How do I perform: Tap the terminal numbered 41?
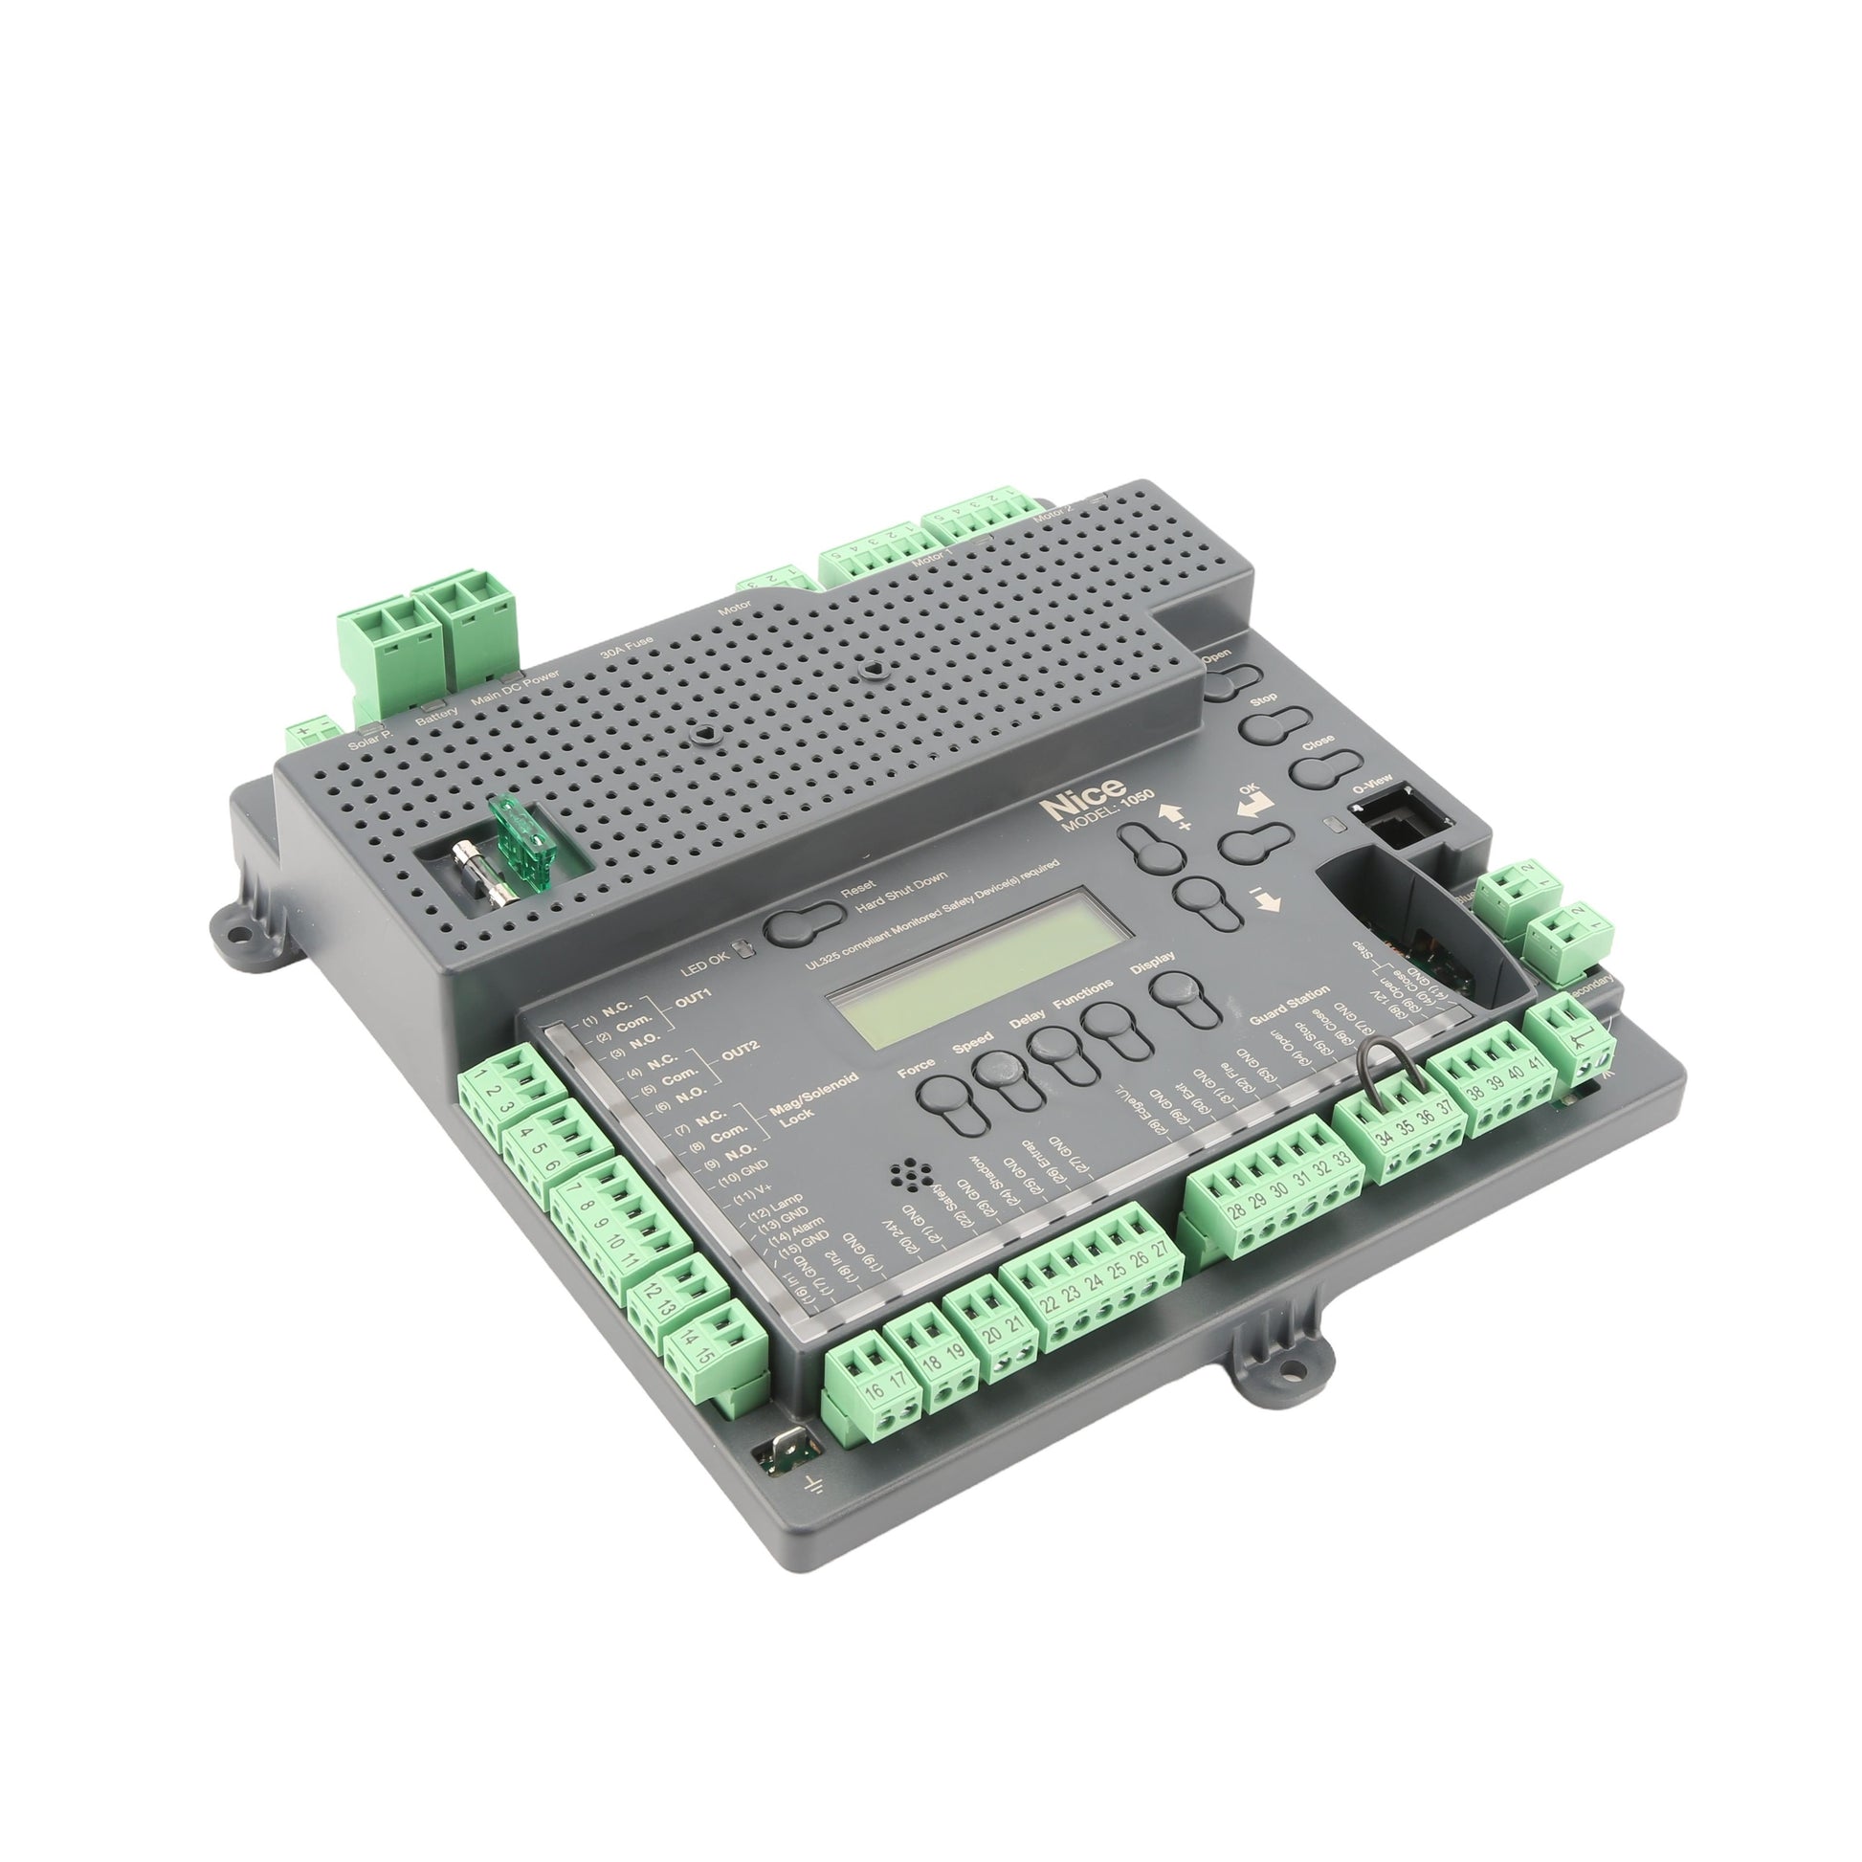coord(1537,1068)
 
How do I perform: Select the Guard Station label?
coord(1290,1006)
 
